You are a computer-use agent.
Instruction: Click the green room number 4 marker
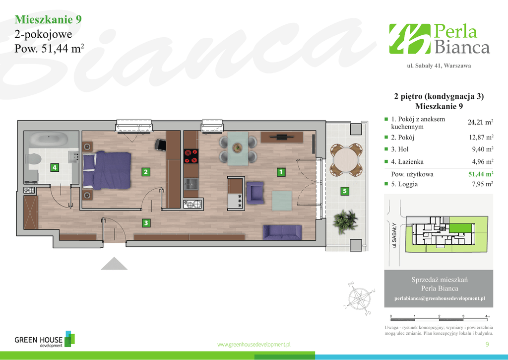click(55, 167)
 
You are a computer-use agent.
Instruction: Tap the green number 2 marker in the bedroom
click(146, 172)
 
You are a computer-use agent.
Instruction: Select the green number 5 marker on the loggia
click(345, 191)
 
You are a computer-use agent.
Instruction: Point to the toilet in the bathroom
click(34, 159)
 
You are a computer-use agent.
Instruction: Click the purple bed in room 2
click(107, 170)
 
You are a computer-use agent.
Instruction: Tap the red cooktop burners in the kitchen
click(191, 156)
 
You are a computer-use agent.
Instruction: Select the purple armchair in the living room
click(255, 193)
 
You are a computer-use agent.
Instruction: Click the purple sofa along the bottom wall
click(282, 232)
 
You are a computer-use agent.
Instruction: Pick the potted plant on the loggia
click(345, 221)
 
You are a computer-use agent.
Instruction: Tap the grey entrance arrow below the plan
click(114, 263)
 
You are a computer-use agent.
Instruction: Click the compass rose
click(359, 298)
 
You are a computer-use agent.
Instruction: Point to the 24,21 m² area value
click(480, 122)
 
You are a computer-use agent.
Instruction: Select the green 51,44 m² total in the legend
click(481, 174)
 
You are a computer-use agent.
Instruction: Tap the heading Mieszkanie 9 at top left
click(48, 19)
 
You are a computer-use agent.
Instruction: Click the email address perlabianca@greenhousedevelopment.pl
click(440, 298)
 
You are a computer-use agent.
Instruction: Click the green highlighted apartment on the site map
click(460, 228)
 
